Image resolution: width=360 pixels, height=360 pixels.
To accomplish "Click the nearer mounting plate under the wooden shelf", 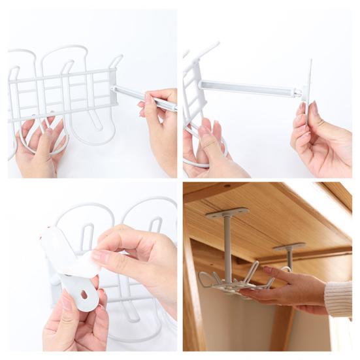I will tap(227, 213).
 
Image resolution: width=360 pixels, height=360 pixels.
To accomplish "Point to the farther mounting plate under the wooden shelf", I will tap(289, 246).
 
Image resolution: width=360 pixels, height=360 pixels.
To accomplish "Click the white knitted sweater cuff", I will tap(338, 299).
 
